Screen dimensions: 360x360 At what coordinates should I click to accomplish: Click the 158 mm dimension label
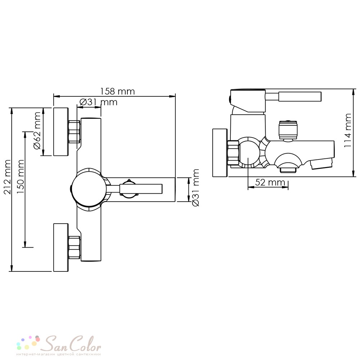point(118,91)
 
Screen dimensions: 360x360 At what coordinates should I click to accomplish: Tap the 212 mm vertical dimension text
point(8,177)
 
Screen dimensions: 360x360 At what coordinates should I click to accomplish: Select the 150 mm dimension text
point(21,176)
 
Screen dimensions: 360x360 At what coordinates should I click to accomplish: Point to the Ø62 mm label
point(37,131)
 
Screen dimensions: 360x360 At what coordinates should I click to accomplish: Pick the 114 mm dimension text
point(348,130)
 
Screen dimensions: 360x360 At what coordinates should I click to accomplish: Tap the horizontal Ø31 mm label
point(98,102)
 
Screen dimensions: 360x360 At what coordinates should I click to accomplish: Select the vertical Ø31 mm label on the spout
point(195,188)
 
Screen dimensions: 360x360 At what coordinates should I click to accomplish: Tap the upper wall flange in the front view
point(61,131)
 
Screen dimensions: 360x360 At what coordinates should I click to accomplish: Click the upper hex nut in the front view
point(75,131)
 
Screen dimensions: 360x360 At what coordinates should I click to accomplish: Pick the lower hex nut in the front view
point(75,248)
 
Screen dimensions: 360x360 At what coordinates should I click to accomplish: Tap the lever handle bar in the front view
point(141,189)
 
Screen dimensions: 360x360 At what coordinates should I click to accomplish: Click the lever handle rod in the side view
point(300,96)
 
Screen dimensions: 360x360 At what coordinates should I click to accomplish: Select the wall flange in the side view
point(220,153)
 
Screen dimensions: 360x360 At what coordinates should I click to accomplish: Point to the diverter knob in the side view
point(288,130)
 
